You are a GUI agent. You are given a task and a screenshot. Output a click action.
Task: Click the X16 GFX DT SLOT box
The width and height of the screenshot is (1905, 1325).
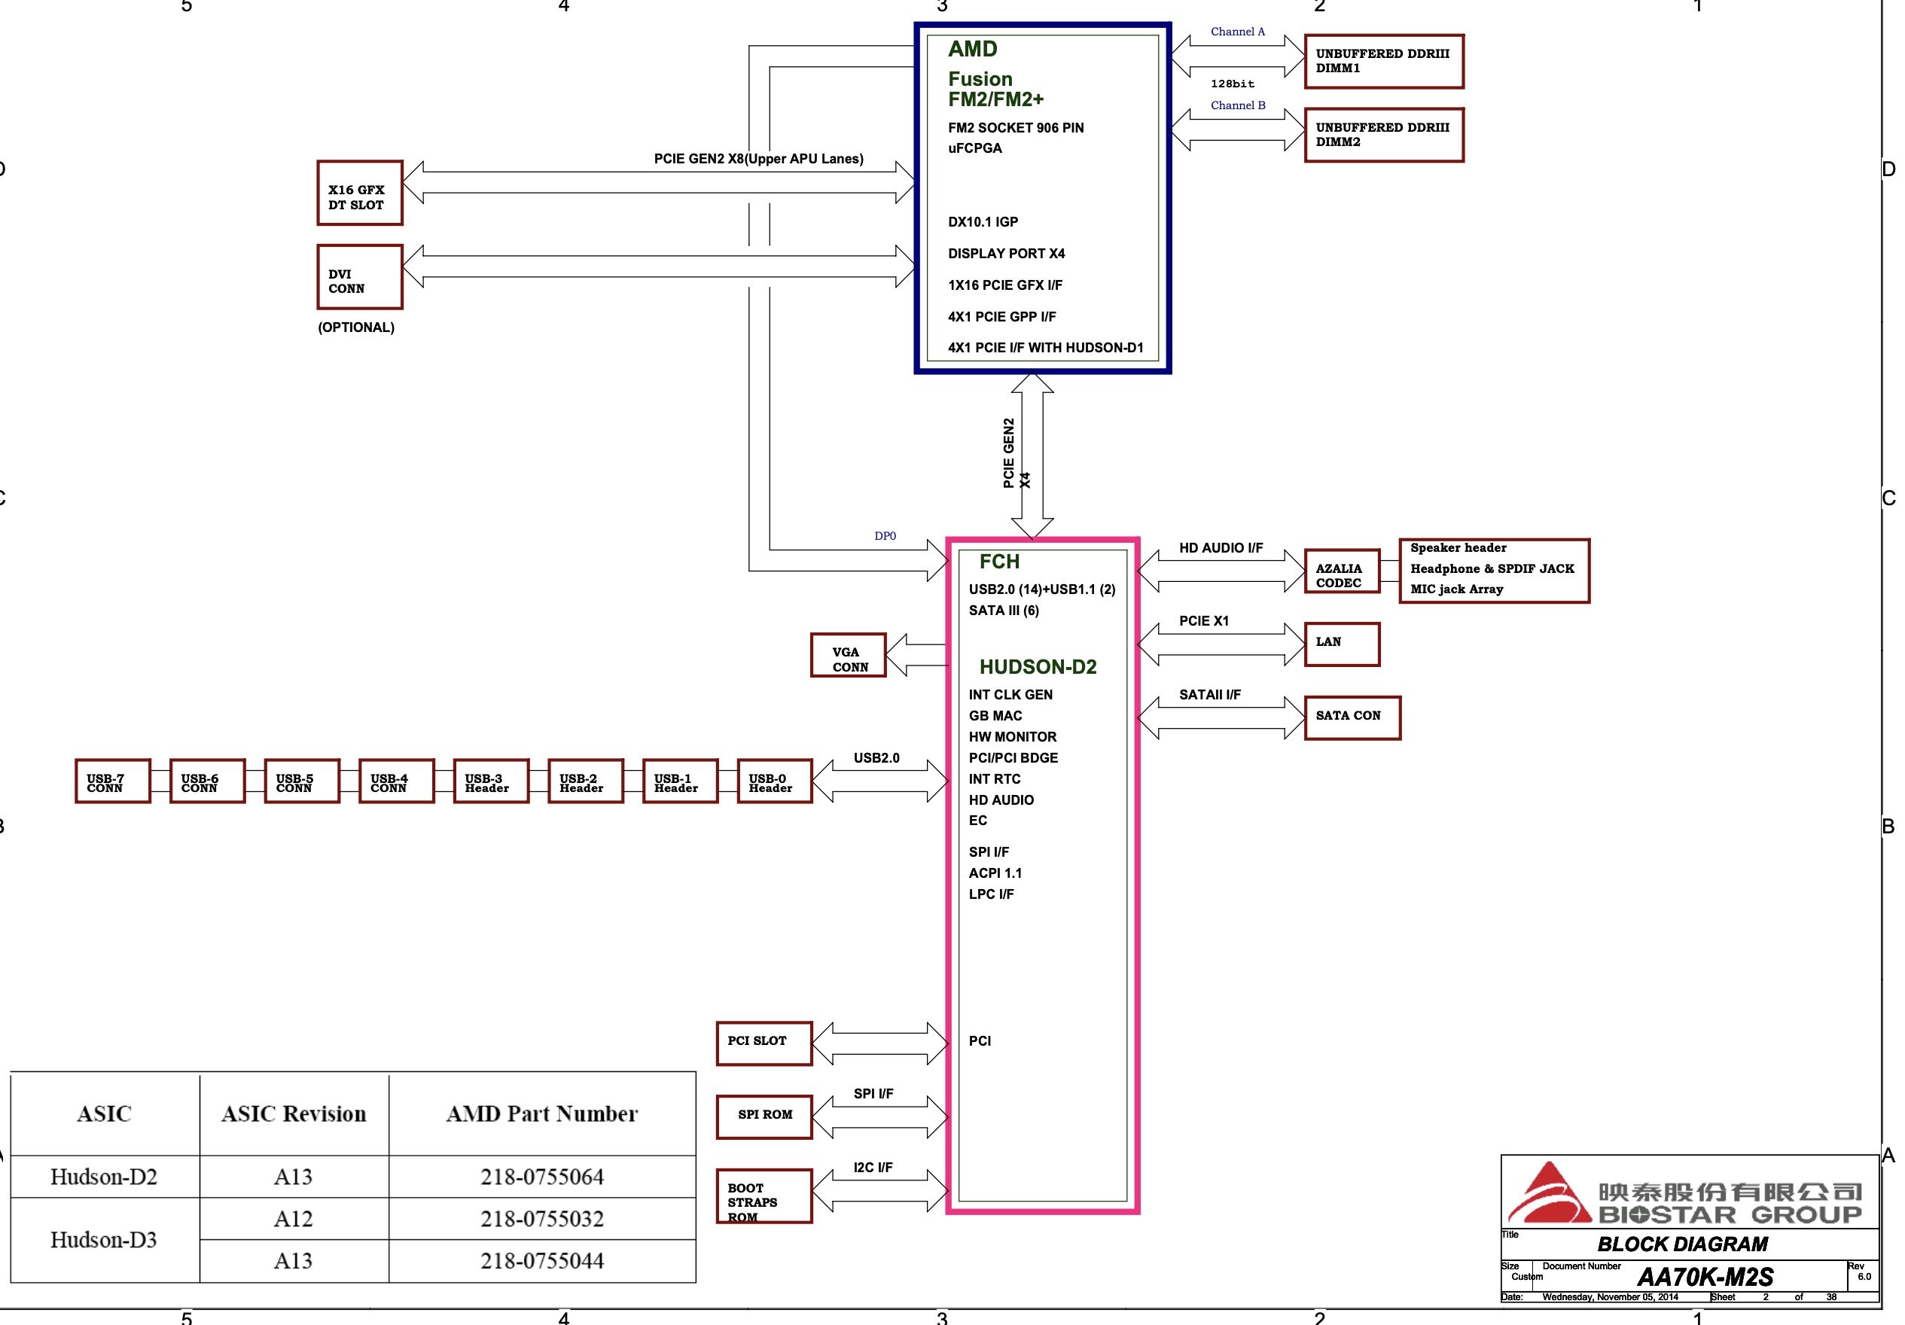click(359, 193)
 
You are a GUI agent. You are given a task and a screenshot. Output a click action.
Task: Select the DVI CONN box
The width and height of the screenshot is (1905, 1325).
click(359, 277)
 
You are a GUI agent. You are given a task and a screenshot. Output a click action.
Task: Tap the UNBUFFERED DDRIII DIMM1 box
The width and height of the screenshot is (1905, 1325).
click(1383, 62)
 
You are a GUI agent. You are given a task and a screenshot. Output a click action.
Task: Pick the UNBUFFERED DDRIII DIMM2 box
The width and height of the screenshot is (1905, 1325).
click(1383, 136)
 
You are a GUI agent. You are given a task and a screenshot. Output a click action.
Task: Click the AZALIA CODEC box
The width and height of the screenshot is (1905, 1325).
click(1341, 571)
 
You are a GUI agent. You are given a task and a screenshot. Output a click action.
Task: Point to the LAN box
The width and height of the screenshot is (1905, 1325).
click(1341, 644)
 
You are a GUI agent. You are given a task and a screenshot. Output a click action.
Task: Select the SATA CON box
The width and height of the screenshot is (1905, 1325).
click(1352, 717)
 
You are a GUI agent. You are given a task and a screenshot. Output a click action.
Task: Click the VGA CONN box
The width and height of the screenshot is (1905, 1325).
click(848, 656)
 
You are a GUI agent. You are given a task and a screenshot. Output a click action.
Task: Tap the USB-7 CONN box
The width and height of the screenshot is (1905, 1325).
click(113, 781)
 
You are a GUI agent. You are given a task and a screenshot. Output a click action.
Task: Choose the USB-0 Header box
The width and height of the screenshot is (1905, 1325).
click(774, 781)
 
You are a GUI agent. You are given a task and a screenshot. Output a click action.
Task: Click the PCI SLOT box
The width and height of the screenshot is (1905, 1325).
click(764, 1043)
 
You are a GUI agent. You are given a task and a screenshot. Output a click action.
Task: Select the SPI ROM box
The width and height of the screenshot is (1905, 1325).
click(764, 1116)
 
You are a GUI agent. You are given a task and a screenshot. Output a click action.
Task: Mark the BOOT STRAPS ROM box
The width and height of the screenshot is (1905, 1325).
click(764, 1196)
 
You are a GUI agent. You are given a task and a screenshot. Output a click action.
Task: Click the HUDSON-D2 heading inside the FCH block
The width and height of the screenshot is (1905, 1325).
click(1037, 667)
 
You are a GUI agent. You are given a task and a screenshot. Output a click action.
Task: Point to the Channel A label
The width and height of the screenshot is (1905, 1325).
click(1237, 32)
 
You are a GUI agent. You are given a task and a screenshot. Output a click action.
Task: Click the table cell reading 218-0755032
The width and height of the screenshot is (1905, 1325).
click(542, 1219)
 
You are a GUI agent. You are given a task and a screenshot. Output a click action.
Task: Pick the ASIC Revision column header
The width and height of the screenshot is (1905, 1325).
click(294, 1114)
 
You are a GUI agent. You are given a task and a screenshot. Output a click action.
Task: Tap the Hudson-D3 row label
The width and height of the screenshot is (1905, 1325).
click(104, 1239)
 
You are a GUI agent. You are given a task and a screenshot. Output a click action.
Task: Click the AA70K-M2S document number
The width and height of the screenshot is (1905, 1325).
click(1705, 1277)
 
